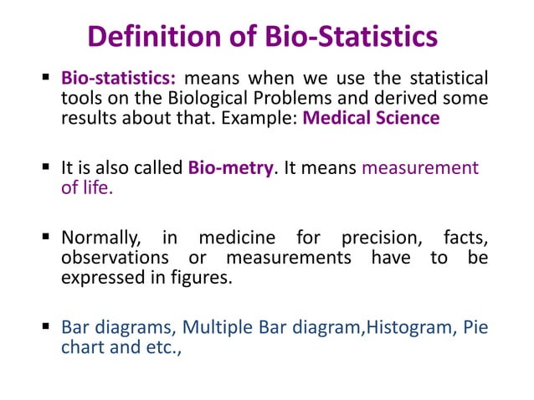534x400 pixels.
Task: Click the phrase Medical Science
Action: [x=371, y=118]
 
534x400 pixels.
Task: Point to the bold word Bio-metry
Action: [x=231, y=167]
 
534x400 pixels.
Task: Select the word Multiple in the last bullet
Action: [x=213, y=326]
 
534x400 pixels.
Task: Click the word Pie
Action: [x=475, y=326]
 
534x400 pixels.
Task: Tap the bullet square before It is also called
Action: [x=47, y=168]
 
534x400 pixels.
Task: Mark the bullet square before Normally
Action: [x=47, y=239]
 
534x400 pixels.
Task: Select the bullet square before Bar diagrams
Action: [x=47, y=327]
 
